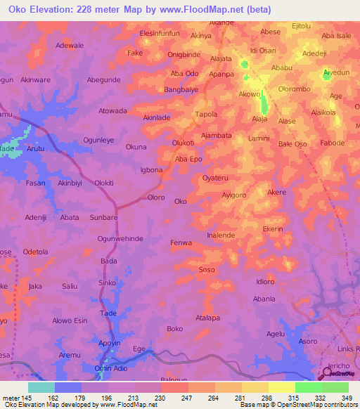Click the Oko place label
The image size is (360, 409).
pos(181,201)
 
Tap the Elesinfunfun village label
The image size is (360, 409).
pos(160,33)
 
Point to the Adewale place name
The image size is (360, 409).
pos(70,45)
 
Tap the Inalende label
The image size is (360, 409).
pos(221,235)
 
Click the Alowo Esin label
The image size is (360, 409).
pos(70,320)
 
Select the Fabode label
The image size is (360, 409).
pos(333,143)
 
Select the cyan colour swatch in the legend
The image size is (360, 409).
pos(41,387)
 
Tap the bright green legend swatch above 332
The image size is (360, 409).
pos(308,387)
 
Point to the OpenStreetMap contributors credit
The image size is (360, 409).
pos(310,405)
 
